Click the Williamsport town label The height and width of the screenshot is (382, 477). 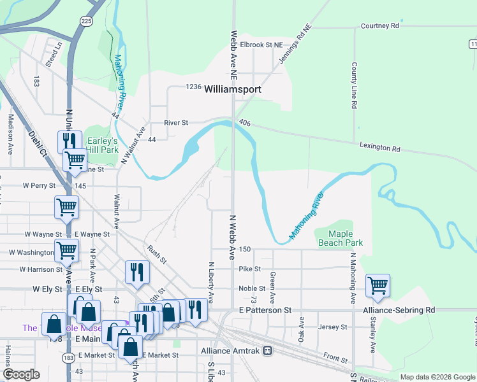pos(233,90)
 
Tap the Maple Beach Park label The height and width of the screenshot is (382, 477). pos(341,238)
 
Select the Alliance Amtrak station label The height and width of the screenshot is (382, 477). pos(231,351)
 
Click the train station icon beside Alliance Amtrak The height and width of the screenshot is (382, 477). pos(268,351)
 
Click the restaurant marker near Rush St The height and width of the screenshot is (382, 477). pos(137,272)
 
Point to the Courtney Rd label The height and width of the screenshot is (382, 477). pos(379,26)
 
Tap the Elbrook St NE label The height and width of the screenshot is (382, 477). pos(261,45)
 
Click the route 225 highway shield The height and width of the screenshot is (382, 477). pos(85,21)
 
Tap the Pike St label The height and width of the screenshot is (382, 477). pos(250,269)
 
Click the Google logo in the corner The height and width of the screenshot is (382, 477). pos(22,374)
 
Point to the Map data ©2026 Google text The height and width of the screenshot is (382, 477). pos(437,377)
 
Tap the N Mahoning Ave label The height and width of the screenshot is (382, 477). pos(352,278)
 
